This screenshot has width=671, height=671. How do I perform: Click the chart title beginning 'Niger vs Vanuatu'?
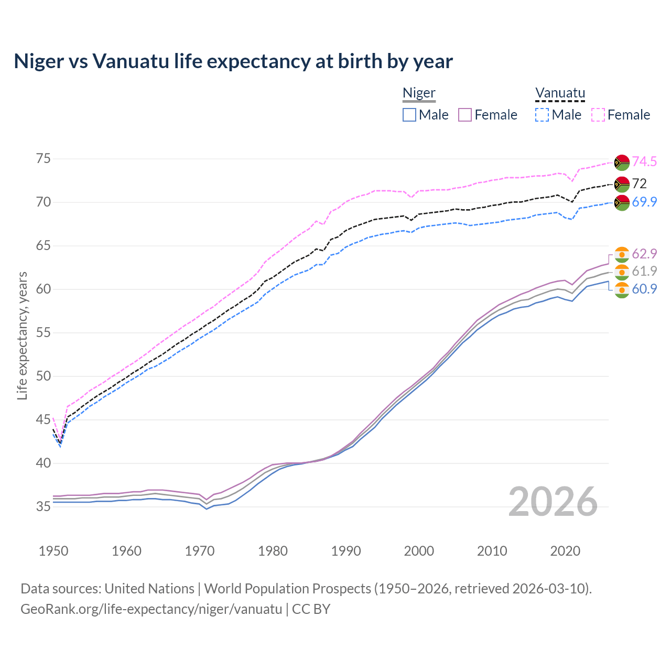[x=233, y=61]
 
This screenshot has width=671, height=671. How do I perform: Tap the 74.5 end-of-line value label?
[x=644, y=161]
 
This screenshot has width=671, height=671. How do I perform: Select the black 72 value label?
[x=640, y=183]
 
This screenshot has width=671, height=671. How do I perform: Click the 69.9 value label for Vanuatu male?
[x=644, y=202]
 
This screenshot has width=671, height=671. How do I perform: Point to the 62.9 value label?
[x=644, y=254]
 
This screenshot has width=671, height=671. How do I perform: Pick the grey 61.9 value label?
[x=644, y=271]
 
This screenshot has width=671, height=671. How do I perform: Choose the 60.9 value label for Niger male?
[x=644, y=289]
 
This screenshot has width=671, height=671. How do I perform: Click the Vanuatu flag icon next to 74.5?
[x=622, y=163]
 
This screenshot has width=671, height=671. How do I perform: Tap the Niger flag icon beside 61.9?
[x=622, y=272]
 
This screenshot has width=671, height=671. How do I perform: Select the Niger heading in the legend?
[x=419, y=93]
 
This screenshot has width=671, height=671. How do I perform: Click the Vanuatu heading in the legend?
[x=560, y=93]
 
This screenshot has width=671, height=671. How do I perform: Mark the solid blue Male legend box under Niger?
[x=409, y=115]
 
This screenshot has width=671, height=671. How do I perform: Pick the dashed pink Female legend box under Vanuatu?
[x=598, y=115]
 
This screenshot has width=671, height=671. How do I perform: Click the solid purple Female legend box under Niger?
[x=466, y=115]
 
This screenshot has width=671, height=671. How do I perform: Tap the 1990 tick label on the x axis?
[x=346, y=551]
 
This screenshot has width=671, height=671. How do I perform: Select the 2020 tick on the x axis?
[x=565, y=551]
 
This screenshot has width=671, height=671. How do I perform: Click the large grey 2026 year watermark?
[x=553, y=502]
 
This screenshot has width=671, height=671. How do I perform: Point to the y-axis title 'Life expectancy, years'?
[x=22, y=335]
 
